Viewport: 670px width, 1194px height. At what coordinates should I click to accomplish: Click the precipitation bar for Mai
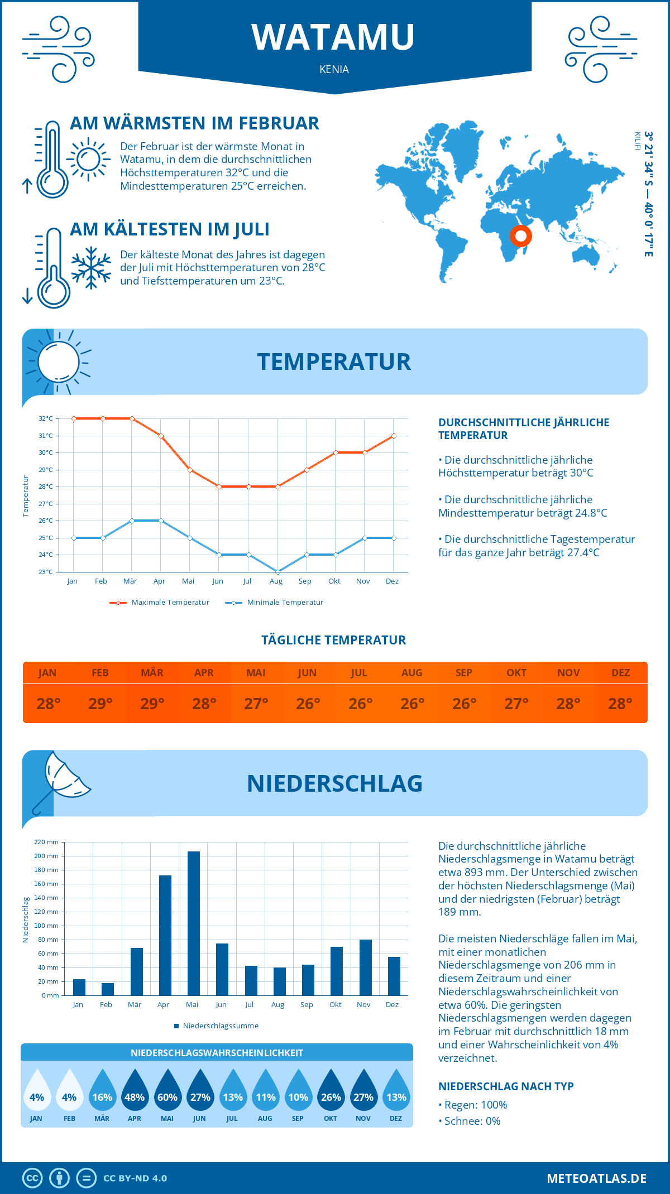click(194, 923)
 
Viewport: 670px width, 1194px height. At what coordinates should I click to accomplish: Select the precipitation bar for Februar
click(108, 989)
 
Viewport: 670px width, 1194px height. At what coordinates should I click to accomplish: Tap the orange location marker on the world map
click(521, 236)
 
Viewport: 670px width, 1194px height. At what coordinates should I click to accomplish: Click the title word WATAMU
click(333, 37)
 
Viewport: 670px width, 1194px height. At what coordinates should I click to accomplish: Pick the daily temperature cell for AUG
click(412, 703)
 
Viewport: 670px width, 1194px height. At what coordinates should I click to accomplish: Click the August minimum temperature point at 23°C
click(277, 572)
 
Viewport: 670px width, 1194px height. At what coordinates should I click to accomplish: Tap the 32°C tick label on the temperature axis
click(46, 418)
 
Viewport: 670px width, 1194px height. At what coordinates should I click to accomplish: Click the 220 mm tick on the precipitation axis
click(47, 842)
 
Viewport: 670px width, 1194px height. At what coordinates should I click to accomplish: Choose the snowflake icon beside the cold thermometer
click(91, 268)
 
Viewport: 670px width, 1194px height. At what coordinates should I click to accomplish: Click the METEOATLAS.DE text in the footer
click(596, 1178)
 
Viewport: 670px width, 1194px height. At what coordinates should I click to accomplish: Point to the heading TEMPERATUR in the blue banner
click(334, 362)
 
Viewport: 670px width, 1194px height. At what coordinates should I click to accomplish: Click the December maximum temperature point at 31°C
click(394, 436)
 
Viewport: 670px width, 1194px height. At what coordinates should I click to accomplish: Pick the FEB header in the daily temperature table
click(100, 672)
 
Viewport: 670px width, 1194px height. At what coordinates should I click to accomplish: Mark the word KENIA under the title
click(334, 69)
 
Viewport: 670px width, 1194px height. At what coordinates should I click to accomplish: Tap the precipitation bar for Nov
click(366, 967)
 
